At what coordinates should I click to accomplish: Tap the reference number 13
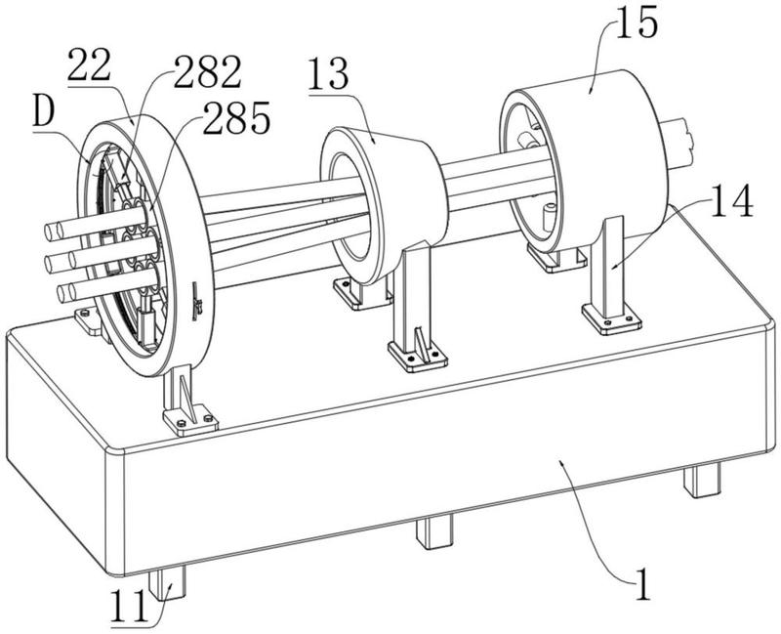(329, 74)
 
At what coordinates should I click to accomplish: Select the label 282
(207, 71)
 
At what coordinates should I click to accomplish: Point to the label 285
(236, 117)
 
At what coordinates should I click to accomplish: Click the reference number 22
(89, 65)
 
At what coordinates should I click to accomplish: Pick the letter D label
(44, 113)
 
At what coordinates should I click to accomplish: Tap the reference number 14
(731, 200)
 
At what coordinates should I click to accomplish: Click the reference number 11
(130, 605)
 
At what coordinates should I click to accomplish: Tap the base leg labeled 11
(167, 584)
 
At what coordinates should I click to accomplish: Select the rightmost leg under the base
(702, 480)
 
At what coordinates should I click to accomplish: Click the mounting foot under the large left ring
(190, 421)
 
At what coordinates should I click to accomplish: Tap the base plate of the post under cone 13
(418, 357)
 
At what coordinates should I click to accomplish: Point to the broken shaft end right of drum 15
(678, 142)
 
